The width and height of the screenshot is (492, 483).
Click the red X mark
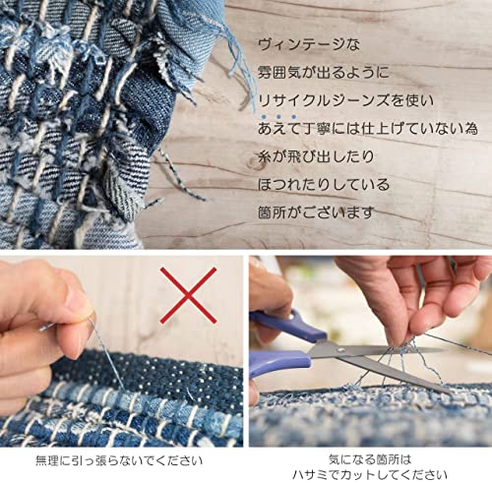click(188, 295)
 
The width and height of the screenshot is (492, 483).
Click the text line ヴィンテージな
click(309, 44)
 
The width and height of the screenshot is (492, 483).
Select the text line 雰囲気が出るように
click(323, 73)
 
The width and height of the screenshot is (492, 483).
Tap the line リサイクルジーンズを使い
click(345, 100)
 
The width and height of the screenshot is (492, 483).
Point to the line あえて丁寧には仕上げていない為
click(367, 129)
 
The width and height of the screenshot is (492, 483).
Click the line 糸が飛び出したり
click(316, 156)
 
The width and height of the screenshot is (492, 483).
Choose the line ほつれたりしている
click(324, 185)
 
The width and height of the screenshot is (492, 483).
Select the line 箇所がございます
click(316, 212)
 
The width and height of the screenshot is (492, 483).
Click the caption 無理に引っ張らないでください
click(119, 460)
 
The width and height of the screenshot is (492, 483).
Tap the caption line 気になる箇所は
click(370, 459)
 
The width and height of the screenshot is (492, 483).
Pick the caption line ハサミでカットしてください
click(370, 475)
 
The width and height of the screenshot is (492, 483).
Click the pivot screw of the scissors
click(341, 350)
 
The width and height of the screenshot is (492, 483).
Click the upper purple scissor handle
click(288, 325)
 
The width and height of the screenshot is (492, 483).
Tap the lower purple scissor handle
click(278, 362)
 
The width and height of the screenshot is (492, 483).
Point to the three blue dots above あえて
click(278, 116)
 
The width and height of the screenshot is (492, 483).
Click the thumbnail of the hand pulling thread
click(121, 351)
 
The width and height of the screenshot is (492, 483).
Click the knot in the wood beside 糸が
click(255, 163)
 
